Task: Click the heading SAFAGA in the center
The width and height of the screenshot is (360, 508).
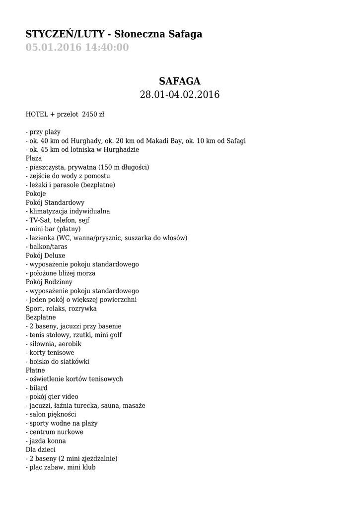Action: (179, 81)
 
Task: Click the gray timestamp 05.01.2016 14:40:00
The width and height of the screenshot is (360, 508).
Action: (77, 48)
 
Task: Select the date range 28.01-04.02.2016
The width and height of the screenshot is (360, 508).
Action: (179, 94)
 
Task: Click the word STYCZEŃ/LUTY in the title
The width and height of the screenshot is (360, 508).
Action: (65, 34)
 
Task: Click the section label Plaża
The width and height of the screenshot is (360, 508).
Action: (35, 158)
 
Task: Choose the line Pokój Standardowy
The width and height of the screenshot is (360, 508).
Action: (55, 202)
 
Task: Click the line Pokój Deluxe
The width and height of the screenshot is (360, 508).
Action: (45, 255)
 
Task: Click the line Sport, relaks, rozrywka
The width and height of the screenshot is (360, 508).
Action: (61, 309)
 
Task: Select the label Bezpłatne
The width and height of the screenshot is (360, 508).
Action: (41, 317)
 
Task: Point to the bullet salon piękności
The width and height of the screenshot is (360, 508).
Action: (51, 414)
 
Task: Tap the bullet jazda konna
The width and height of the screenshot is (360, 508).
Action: (46, 441)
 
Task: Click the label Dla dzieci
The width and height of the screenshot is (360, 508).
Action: (41, 449)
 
